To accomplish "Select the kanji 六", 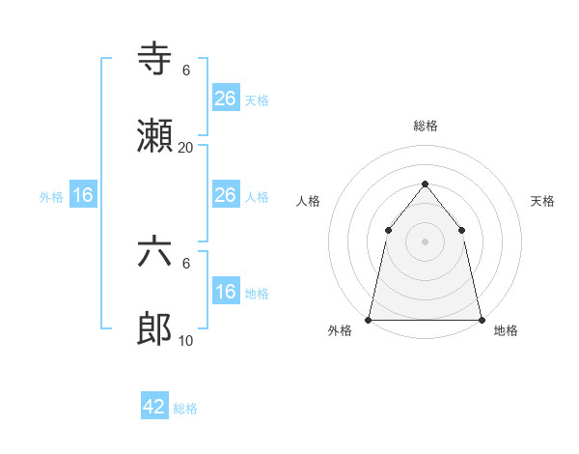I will (x=155, y=253).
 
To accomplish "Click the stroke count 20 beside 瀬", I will (x=185, y=148).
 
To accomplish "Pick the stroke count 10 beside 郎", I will (x=185, y=341).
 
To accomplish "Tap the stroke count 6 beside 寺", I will (x=186, y=70).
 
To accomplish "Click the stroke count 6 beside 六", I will (x=186, y=263).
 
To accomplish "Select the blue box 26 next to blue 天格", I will (x=225, y=99).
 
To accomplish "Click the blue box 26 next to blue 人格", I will (x=225, y=195).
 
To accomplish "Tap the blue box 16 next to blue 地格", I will (x=225, y=292).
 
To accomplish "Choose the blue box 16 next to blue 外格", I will (x=83, y=195).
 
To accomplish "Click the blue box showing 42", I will (x=154, y=407).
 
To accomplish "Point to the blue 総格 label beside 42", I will (x=185, y=409).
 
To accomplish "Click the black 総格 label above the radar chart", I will (x=425, y=126).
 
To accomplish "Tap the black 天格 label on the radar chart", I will (x=543, y=201).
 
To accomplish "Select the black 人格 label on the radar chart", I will (x=308, y=201).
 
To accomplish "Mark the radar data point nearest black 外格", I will (x=369, y=319).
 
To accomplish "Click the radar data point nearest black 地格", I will (x=481, y=319).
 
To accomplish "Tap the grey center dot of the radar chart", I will (x=425, y=241).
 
